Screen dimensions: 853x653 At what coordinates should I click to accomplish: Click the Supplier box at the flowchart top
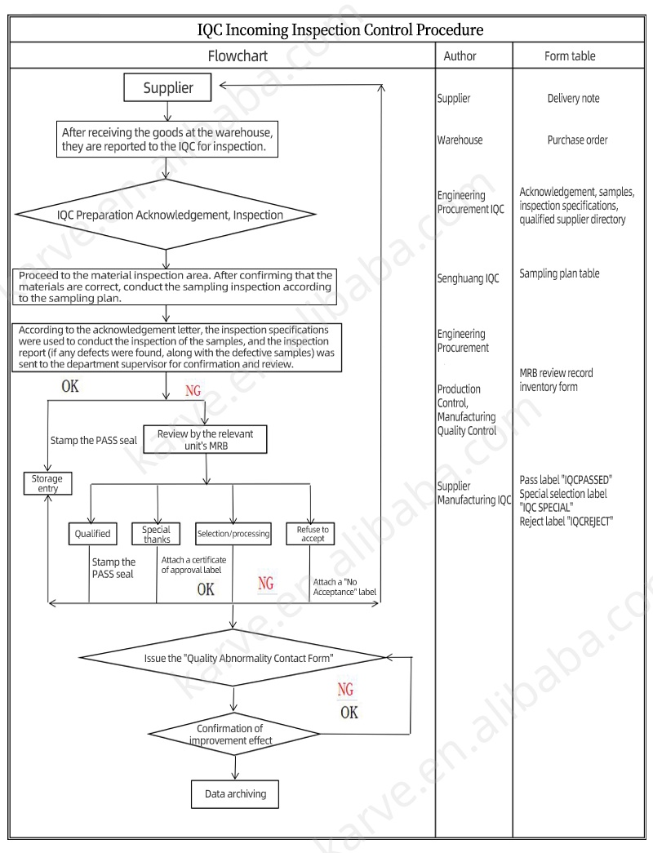168,87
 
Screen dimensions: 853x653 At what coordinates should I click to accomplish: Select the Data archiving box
235,793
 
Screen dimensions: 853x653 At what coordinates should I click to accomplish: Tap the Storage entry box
47,483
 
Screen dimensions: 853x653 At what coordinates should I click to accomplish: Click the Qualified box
92,534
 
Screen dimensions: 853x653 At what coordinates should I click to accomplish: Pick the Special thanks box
156,534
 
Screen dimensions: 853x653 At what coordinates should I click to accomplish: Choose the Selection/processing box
233,534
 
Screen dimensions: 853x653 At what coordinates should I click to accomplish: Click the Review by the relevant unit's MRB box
205,439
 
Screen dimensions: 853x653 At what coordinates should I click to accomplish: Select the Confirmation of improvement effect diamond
235,734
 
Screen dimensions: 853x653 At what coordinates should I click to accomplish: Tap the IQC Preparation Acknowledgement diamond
167,215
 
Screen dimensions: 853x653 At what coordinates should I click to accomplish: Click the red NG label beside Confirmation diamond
346,690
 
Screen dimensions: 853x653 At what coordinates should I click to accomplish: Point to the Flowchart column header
238,56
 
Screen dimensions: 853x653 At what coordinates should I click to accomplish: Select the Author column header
460,56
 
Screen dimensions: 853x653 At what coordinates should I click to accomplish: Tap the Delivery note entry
573,99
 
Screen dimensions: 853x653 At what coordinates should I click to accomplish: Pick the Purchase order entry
577,140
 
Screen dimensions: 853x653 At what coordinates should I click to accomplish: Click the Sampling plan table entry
559,273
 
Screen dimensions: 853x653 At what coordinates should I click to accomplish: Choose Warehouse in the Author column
460,140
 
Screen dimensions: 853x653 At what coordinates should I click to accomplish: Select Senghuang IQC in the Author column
468,278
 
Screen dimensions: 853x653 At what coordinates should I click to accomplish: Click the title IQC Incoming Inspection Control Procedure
340,29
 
